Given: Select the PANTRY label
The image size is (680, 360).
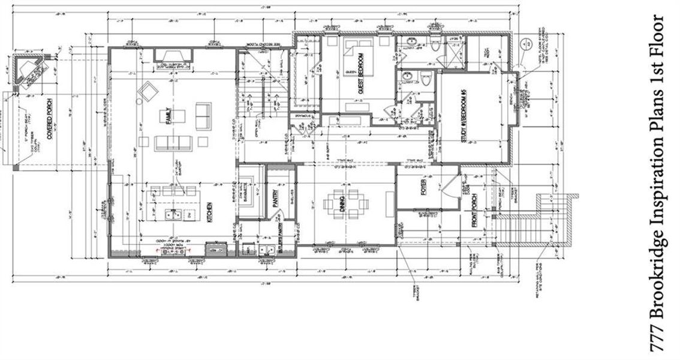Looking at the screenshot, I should tap(277, 198).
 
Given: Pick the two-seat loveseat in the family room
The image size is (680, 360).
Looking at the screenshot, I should tap(203, 115).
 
